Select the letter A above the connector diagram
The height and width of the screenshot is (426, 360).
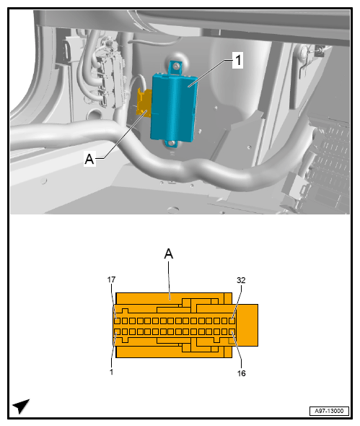[169, 253]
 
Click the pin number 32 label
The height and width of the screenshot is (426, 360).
[241, 280]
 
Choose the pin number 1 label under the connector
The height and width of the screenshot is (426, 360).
[113, 372]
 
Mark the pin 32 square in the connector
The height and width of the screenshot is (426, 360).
[232, 320]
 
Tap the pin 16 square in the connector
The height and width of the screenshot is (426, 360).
[232, 331]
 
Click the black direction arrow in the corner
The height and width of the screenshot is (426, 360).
[21, 406]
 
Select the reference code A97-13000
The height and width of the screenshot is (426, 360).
[328, 410]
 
